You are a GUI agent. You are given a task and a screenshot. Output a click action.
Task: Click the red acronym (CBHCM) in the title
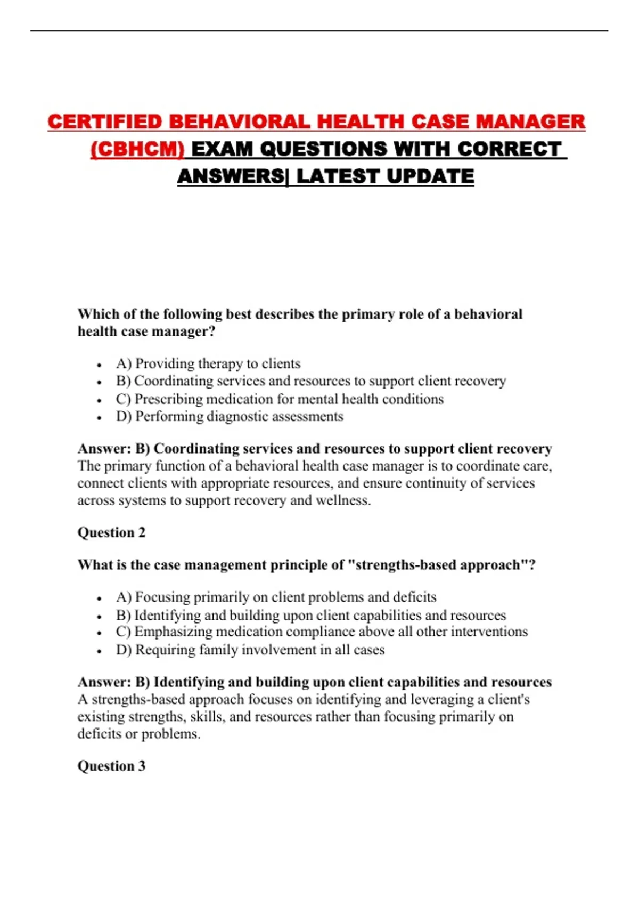pos(137,149)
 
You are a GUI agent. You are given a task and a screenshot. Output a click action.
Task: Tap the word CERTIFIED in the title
pos(104,122)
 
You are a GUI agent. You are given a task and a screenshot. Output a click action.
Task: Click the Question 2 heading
pos(111,532)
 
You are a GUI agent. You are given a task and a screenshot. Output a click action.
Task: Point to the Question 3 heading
pos(111,766)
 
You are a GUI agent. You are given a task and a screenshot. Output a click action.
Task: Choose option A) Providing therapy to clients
pos(208,363)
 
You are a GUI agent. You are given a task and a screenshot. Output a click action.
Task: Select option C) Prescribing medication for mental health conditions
pos(280,399)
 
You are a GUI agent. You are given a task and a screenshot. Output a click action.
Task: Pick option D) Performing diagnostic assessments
pos(230,416)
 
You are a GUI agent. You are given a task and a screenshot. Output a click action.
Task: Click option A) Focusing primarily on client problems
pos(276,597)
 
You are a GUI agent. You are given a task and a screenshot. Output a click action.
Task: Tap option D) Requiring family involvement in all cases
pos(250,650)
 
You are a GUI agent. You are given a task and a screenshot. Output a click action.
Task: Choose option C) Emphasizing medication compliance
pos(322,632)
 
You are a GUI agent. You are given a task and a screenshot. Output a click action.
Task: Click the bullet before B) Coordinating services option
pos(100,382)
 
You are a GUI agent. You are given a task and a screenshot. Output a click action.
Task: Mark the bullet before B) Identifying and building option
pos(100,617)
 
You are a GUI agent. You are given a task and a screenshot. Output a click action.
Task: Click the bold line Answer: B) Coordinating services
pos(314,449)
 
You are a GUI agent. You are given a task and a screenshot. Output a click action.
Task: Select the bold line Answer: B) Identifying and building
pos(314,682)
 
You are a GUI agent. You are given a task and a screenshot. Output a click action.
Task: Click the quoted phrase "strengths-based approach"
pos(437,565)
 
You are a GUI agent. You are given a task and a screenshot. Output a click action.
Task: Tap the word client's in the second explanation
pos(508,699)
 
